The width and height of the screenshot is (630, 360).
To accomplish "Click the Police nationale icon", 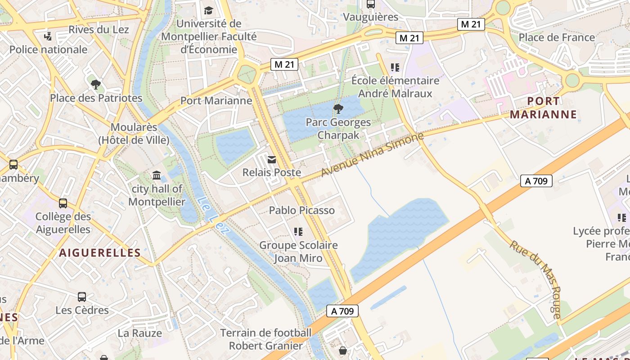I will pos(48,36).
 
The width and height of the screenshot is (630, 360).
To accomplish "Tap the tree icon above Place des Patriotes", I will pos(95,84).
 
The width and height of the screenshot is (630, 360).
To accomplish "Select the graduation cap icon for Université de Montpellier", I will pos(208,10).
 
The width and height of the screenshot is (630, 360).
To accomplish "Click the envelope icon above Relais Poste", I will pos(272,159).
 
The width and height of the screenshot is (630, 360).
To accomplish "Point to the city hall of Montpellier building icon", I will pos(157,175).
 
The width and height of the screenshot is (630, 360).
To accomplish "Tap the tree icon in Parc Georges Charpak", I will pos(338,108).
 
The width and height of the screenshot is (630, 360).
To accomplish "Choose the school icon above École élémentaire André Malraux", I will pos(395,67).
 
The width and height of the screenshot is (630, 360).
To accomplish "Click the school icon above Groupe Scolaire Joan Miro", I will pos(298,232).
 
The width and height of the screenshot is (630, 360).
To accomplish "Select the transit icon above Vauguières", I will pos(371,4).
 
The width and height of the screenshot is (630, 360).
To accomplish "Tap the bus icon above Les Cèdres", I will pos(81,297).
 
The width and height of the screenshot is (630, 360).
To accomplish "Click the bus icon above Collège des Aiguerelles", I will pos(63,203).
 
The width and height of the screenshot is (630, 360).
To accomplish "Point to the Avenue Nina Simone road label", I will pos(372,155).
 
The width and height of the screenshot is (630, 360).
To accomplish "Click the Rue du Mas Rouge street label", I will pos(535,279).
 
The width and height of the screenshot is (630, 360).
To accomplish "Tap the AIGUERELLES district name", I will pos(100,253).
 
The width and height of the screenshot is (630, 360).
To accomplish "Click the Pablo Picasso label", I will pos(302,210).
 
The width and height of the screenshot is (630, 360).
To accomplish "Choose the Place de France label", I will pos(557,37).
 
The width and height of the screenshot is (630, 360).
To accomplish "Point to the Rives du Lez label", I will pos(99,30).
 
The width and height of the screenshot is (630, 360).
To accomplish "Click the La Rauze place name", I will pos(139,333).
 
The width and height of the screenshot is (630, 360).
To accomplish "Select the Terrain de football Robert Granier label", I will pos(266,339).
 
